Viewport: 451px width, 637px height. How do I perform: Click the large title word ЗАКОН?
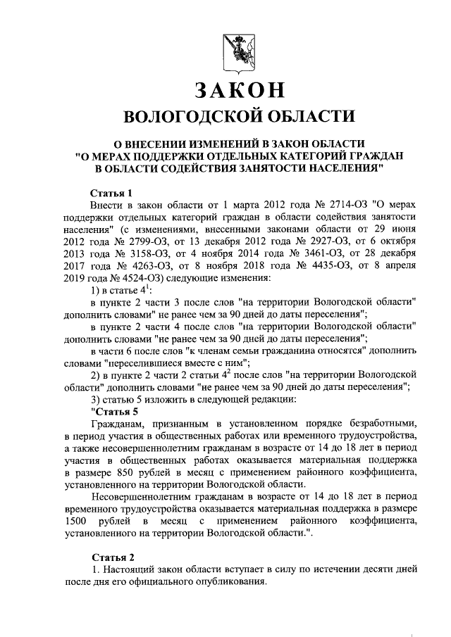[x=237, y=91]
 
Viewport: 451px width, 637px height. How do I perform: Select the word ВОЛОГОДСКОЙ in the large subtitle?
[x=186, y=117]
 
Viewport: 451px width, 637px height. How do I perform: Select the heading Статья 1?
[x=112, y=193]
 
